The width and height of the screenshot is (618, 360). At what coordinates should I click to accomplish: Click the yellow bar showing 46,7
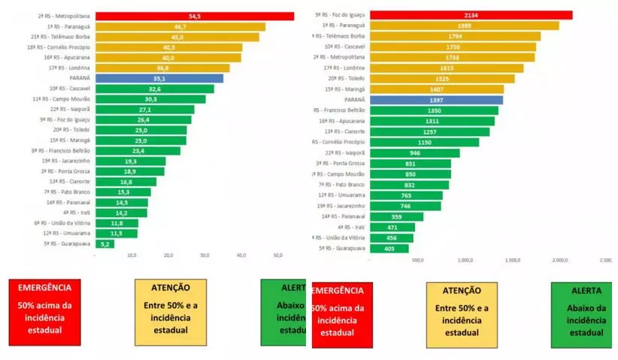(x=180, y=26)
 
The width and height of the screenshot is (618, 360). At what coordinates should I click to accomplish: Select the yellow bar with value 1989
(x=464, y=25)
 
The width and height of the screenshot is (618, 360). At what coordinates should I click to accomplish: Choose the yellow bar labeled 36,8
(x=162, y=67)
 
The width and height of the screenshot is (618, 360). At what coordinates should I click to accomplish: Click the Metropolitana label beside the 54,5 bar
(x=63, y=15)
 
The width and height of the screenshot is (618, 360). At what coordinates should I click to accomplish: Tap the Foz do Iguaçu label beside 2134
(x=343, y=14)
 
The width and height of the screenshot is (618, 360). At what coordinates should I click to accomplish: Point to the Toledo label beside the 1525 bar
(x=347, y=78)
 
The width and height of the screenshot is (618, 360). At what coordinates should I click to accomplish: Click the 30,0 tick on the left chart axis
(x=205, y=256)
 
